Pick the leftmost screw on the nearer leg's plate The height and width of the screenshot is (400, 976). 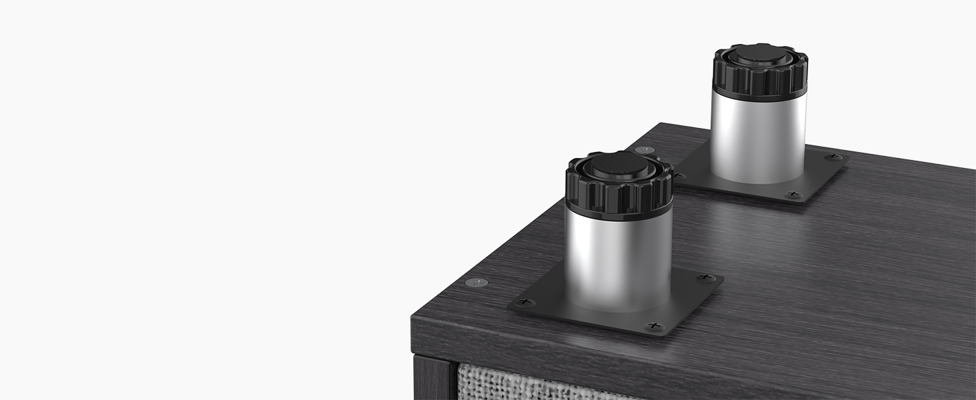526,303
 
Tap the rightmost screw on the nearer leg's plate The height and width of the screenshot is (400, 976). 705,277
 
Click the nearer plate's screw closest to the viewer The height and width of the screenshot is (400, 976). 655,326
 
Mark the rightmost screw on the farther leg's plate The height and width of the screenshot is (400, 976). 833,157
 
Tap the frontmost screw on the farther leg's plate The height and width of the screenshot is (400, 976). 793,195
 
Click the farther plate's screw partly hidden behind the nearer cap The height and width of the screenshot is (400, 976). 679,175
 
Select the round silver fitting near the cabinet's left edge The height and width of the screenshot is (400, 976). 474,283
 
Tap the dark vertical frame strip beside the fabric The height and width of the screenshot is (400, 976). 434,380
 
